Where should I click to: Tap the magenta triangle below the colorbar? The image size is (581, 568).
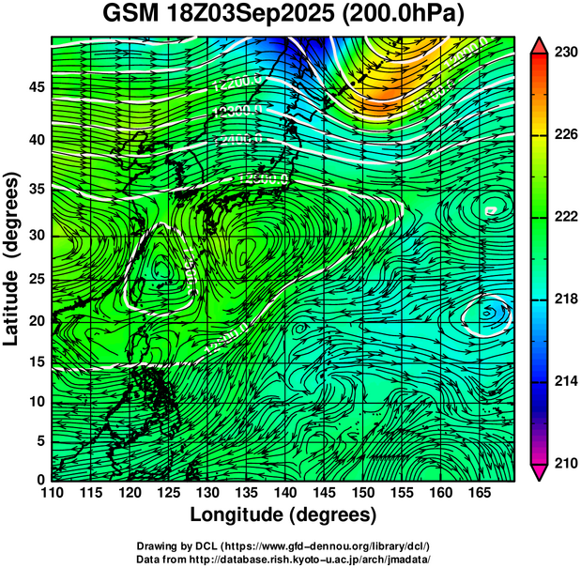coord(539,471)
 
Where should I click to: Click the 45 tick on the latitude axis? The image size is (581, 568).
coord(36,87)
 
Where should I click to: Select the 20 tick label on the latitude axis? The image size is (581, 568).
coord(36,320)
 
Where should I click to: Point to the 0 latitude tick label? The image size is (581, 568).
coord(40,480)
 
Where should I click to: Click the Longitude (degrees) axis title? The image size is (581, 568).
coord(283,515)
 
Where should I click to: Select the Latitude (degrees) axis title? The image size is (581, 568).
coord(13,258)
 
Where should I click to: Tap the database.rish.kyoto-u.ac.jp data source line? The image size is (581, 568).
coord(283,559)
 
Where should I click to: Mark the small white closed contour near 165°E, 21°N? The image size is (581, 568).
coord(487,315)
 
